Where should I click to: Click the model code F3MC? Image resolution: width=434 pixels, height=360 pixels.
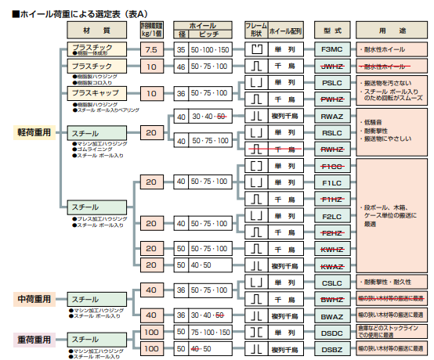tap(331, 49)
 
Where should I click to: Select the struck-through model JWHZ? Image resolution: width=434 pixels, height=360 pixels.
tap(331, 67)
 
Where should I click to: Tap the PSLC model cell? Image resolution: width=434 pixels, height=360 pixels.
tap(331, 82)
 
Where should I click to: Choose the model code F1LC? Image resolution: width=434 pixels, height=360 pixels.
tap(331, 183)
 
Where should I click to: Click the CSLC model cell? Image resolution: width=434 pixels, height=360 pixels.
tap(331, 282)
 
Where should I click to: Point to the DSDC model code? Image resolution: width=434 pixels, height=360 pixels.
tap(331, 332)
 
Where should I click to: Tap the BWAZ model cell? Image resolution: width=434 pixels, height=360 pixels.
tap(331, 315)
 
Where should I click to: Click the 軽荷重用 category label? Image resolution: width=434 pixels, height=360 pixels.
tap(34, 132)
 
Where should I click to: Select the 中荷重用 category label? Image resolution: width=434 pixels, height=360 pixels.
tap(34, 299)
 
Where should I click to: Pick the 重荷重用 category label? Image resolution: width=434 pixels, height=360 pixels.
tap(34, 340)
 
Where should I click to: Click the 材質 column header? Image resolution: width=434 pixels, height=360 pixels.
tap(96, 29)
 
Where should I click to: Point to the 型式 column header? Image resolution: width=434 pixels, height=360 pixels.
tap(331, 29)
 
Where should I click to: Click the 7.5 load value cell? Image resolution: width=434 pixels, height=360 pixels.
tap(152, 49)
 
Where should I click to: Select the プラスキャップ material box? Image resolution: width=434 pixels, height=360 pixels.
tap(92, 93)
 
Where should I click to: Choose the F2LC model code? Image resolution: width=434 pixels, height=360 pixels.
tap(331, 216)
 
